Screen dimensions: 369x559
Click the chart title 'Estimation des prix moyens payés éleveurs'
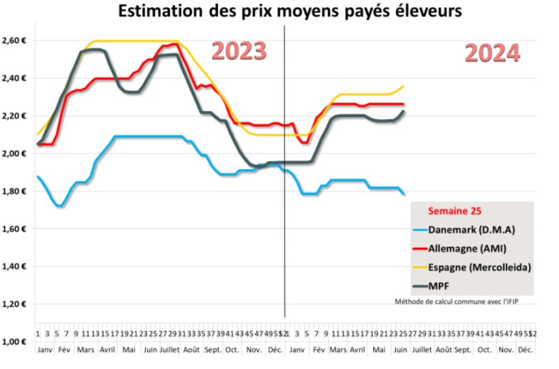pyautogui.click(x=279, y=11)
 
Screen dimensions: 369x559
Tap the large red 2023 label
pyautogui.click(x=238, y=51)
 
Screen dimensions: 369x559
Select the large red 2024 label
pyautogui.click(x=492, y=53)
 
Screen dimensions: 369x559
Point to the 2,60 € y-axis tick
pyautogui.click(x=15, y=40)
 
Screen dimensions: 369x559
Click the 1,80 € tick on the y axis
pyautogui.click(x=15, y=191)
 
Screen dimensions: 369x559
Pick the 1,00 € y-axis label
pyautogui.click(x=15, y=342)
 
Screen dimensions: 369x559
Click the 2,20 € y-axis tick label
pyautogui.click(x=15, y=116)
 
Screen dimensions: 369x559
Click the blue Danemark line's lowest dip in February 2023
pyautogui.click(x=60, y=205)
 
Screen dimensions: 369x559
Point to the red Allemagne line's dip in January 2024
pyautogui.click(x=305, y=142)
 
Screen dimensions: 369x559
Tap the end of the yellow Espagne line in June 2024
pyautogui.click(x=404, y=86)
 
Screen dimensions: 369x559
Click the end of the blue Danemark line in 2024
pyautogui.click(x=404, y=194)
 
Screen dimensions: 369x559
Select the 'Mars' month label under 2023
pyautogui.click(x=86, y=349)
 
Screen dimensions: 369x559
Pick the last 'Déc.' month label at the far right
pyautogui.click(x=525, y=349)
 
